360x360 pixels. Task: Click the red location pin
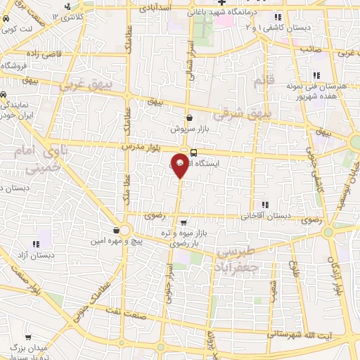tap(180, 166)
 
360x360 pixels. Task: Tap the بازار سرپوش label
tap(188, 129)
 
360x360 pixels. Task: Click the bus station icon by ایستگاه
tap(193, 153)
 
